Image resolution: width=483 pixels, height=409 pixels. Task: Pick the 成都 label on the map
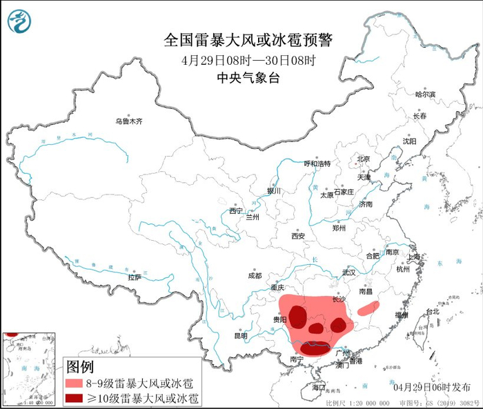[x=255, y=275]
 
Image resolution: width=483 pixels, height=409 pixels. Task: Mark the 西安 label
[x=297, y=236]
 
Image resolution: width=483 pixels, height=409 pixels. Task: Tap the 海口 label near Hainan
[x=317, y=388]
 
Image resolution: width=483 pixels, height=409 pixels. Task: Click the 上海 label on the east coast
[x=414, y=257]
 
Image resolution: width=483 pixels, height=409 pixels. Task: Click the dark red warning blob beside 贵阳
[x=297, y=317]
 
